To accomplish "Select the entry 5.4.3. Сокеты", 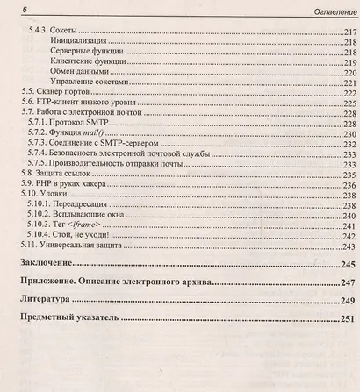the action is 54,31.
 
